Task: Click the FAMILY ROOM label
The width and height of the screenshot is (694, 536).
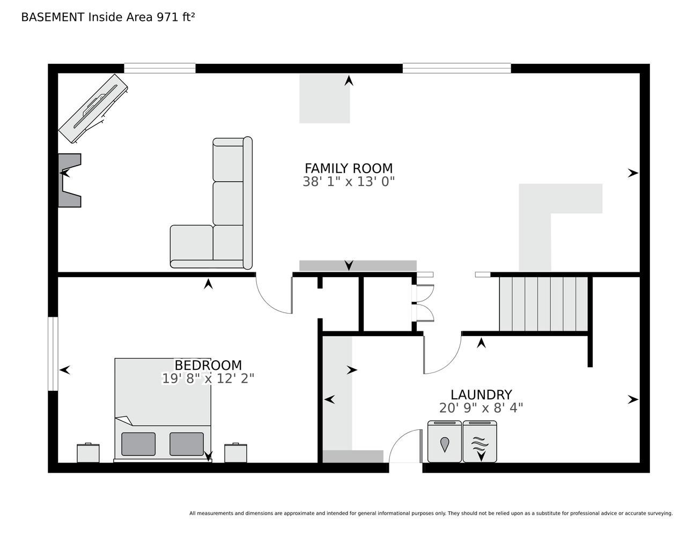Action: (x=349, y=168)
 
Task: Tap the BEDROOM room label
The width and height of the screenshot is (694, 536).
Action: (x=208, y=365)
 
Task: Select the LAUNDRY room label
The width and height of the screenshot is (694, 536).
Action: (x=481, y=394)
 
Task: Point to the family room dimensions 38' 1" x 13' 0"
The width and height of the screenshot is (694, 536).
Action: (x=349, y=182)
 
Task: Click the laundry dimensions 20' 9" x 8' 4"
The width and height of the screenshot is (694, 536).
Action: (x=481, y=408)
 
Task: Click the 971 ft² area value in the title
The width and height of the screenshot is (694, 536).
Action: (x=175, y=17)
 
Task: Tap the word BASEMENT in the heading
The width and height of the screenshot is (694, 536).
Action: (x=53, y=17)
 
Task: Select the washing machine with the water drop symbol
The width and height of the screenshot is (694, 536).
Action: (x=445, y=441)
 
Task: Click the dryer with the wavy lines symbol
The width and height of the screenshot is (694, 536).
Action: (x=479, y=441)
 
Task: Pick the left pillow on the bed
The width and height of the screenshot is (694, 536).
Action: (x=138, y=444)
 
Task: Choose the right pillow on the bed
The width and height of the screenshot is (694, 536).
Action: (x=187, y=444)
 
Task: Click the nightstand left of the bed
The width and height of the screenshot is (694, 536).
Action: (x=88, y=453)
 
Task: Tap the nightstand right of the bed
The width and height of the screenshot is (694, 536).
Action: (x=235, y=453)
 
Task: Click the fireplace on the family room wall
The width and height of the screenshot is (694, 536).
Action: (x=70, y=180)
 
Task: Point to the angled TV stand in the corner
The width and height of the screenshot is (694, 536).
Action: (x=93, y=109)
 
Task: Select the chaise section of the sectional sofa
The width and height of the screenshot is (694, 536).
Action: (x=191, y=246)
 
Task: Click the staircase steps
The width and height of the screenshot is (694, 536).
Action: (x=543, y=304)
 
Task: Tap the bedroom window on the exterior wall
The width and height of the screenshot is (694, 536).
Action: (x=53, y=354)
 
